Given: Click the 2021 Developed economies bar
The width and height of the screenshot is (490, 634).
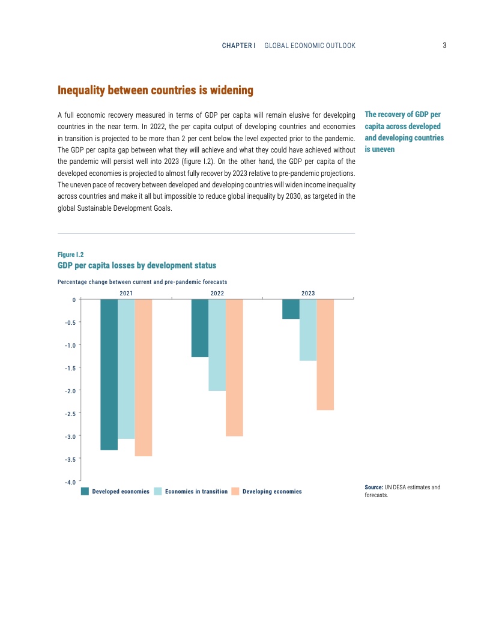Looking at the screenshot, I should point(109,374).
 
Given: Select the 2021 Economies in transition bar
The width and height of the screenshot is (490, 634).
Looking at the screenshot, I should point(126,369).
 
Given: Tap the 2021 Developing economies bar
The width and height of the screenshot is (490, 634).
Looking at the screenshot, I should point(144,378).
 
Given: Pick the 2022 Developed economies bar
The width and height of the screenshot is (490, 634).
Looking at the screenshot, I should point(200,328).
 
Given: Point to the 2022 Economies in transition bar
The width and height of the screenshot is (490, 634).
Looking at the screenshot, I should point(217,345).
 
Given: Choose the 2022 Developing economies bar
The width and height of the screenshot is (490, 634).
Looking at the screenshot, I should point(234,367).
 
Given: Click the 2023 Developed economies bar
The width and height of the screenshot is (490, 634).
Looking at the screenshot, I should point(291,309).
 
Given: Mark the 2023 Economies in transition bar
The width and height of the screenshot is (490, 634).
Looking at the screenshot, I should point(308,330).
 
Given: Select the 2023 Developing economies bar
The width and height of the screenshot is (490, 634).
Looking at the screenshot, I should point(325,354).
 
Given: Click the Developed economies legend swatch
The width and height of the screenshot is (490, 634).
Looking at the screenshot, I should point(85,491).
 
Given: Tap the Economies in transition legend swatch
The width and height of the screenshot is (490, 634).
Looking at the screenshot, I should point(159,491).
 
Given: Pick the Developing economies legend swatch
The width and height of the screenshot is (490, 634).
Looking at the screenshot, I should point(235,491).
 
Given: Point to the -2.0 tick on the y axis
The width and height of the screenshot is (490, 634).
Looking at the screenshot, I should point(70,391).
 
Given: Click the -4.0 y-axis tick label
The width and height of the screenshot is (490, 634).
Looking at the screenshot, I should point(70,482).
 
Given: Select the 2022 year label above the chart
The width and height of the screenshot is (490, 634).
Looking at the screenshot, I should point(217,293).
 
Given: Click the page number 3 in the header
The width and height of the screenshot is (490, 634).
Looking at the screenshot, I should point(444,46).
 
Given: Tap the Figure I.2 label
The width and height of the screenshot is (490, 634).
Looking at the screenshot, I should point(70,255).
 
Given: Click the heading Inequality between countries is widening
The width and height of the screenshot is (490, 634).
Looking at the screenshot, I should point(155,91).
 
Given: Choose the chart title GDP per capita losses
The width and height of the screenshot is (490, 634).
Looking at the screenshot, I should point(136,265).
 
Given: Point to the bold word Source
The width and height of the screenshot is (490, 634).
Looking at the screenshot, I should point(373,487).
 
